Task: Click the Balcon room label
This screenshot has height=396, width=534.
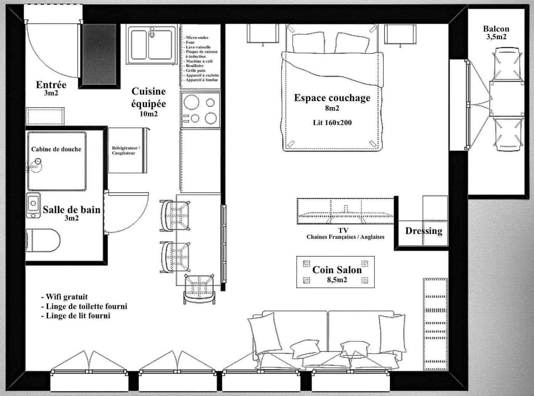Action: pyautogui.click(x=496, y=29)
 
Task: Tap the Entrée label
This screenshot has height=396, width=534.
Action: pyautogui.click(x=51, y=85)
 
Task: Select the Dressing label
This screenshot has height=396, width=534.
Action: pyautogui.click(x=424, y=231)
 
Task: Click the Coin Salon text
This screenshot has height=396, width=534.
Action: pyautogui.click(x=337, y=270)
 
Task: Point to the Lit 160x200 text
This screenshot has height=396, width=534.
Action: pyautogui.click(x=332, y=122)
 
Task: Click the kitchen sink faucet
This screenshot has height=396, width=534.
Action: pyautogui.click(x=152, y=32)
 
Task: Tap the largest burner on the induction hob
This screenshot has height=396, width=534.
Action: pyautogui.click(x=191, y=102)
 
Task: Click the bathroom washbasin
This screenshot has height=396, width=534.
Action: pyautogui.click(x=33, y=205)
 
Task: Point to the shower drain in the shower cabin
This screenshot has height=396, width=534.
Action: pyautogui.click(x=37, y=161)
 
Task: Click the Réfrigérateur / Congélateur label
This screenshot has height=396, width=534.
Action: pyautogui.click(x=125, y=151)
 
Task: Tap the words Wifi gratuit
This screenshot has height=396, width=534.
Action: pyautogui.click(x=64, y=296)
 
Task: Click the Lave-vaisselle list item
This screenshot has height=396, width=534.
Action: pyautogui.click(x=197, y=47)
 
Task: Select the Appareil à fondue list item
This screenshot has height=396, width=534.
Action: pyautogui.click(x=201, y=80)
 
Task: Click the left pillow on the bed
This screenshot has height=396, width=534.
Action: pyautogui.click(x=309, y=43)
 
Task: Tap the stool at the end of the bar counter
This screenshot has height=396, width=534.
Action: pyautogui.click(x=199, y=288)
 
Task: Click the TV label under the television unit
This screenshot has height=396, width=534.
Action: pyautogui.click(x=343, y=230)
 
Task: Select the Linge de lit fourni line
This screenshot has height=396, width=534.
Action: pyautogui.click(x=76, y=316)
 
